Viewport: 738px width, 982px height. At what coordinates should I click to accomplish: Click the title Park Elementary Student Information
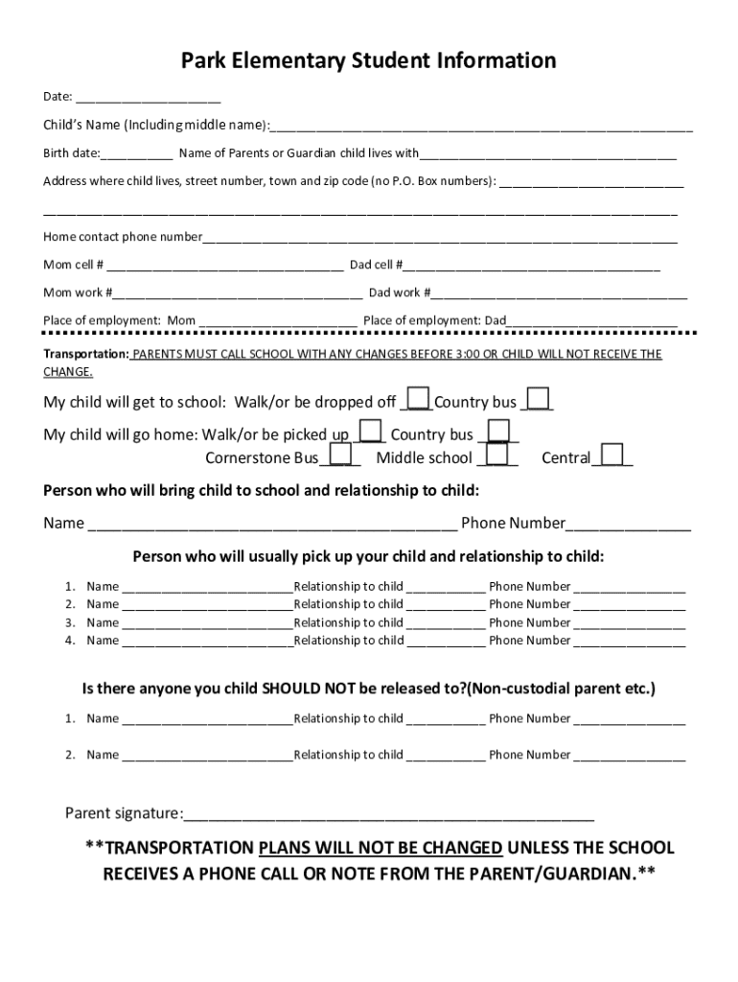click(x=369, y=61)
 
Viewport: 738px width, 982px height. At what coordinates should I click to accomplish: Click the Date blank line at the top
click(x=149, y=97)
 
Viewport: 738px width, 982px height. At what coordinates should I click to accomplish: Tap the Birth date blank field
click(x=136, y=152)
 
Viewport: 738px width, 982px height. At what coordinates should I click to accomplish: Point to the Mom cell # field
click(x=225, y=265)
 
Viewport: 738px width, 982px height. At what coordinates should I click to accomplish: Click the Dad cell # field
click(x=532, y=265)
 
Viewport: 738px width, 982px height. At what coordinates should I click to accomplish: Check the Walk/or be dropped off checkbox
click(x=418, y=399)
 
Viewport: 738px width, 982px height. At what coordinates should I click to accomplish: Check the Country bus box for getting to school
click(x=539, y=399)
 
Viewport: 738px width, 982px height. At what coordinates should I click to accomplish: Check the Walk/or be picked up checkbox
click(x=371, y=432)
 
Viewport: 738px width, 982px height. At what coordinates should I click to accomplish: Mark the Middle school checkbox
click(x=497, y=455)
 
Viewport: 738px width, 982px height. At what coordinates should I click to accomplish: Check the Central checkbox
click(x=611, y=455)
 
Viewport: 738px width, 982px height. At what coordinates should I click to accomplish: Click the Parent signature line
click(x=389, y=815)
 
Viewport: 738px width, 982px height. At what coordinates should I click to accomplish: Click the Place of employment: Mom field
click(x=278, y=320)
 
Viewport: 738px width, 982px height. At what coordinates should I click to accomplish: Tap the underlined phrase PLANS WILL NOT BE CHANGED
click(x=381, y=848)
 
